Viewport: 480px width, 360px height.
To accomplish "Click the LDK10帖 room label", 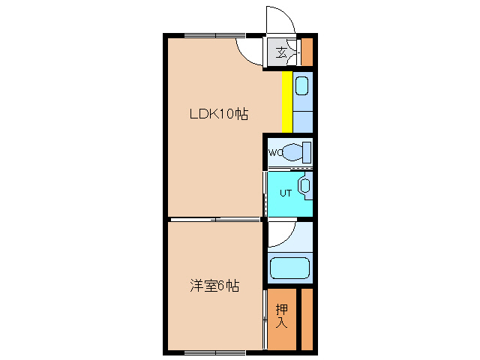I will [218, 115].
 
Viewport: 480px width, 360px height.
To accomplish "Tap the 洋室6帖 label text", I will [214, 286].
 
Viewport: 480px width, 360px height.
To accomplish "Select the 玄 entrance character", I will [281, 52].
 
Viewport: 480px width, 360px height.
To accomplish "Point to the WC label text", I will [275, 153].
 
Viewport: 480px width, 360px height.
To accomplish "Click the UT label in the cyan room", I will [285, 193].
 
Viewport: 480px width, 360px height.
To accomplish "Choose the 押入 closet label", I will [282, 316].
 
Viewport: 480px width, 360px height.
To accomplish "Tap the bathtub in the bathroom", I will [289, 268].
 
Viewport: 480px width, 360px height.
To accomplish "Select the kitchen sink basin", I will [301, 85].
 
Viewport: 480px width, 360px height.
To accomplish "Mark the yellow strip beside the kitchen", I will [286, 100].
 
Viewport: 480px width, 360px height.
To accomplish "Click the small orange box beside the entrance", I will [307, 52].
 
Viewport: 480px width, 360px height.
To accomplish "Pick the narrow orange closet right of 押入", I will [307, 319].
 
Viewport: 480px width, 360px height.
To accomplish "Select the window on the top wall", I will [215, 35].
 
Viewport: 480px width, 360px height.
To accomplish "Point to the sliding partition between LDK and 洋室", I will [214, 219].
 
